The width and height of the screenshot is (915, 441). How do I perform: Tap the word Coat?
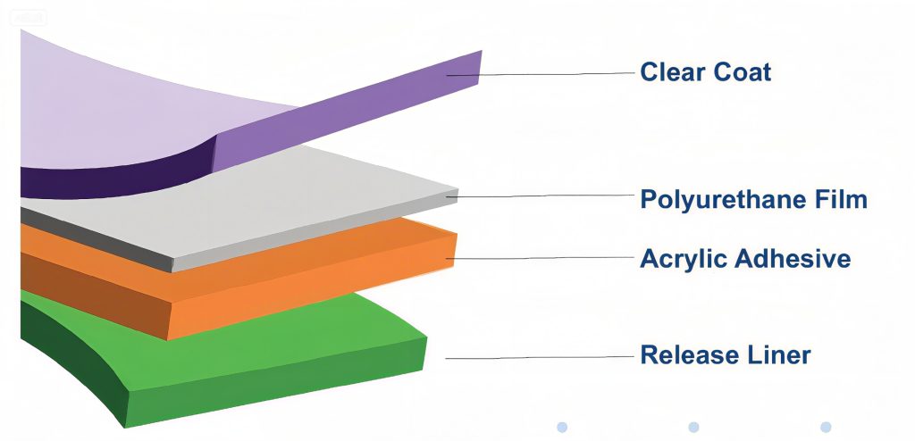point(740,71)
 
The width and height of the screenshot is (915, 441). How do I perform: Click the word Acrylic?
point(683,259)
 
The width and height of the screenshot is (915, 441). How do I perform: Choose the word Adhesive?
point(792,259)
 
